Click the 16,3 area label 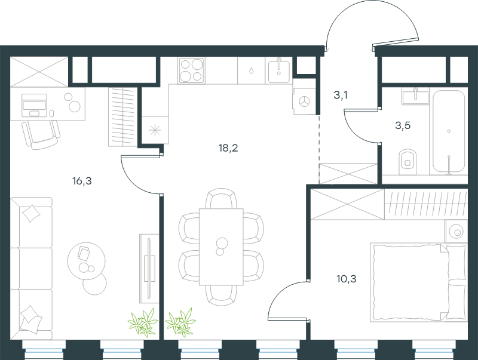(82, 181)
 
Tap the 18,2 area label (228, 148)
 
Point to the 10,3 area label (347, 279)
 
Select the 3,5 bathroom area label (403, 125)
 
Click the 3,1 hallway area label (341, 95)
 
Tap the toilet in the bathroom (407, 161)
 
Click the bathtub (449, 131)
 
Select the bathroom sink (415, 96)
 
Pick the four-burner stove (191, 70)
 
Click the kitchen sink (279, 70)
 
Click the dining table (221, 247)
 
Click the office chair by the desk (41, 134)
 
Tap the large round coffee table (86, 260)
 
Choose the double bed (418, 282)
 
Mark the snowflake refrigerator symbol (155, 130)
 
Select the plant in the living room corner (143, 322)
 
